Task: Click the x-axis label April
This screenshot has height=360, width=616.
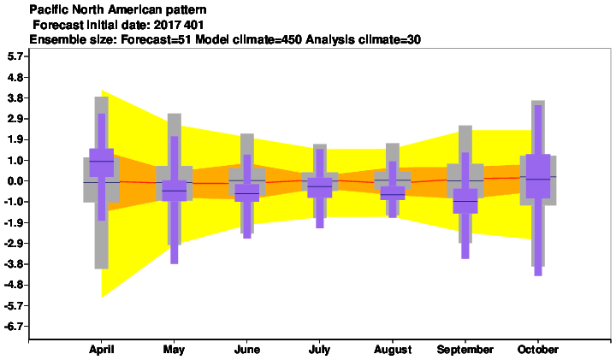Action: point(101,350)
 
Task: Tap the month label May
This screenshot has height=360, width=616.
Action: point(174,350)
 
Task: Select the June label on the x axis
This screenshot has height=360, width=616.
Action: point(246,350)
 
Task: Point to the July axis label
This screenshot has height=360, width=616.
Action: point(319,350)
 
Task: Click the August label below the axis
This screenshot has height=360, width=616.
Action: point(393,350)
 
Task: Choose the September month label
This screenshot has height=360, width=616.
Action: point(465,350)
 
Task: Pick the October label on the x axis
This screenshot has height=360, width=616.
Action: point(538,350)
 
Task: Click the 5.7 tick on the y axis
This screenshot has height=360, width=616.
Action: point(15,56)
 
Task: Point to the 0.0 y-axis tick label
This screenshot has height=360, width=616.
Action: point(15,181)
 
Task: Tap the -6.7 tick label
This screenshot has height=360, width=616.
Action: point(14,327)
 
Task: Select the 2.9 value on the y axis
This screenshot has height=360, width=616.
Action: point(15,119)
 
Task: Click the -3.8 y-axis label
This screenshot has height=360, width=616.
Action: point(14,264)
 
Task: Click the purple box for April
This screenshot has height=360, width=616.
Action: point(102,162)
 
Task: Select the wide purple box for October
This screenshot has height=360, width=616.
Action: point(538,176)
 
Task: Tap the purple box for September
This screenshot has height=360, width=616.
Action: point(465,201)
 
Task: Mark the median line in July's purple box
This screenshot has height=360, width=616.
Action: point(320,186)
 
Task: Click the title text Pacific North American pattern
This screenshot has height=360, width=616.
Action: point(118,9)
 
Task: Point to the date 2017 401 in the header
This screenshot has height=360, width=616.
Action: point(179,25)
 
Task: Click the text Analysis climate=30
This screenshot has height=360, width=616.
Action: point(364,39)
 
